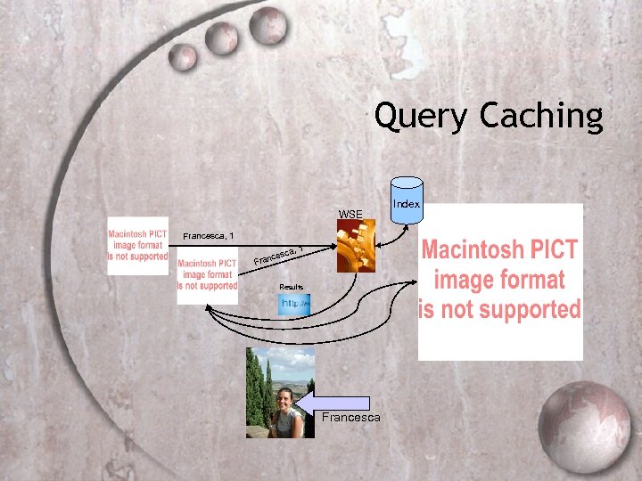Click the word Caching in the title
pos(540,117)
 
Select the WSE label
pos(350,214)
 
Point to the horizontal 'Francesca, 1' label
pos(208,236)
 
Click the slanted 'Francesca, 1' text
pos(279,256)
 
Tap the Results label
pos(292,287)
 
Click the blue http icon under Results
pos(295,305)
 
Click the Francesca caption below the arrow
pos(351,418)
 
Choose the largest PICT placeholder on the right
pos(500,281)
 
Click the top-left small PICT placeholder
pos(137,245)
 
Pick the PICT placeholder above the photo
pos(208,274)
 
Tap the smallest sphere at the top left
pos(184,58)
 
